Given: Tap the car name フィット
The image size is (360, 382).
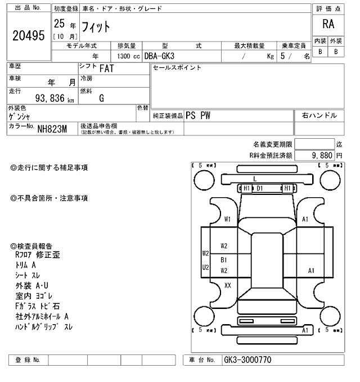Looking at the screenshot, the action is pos(97,26).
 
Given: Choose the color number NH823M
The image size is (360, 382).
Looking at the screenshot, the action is pos(52,129).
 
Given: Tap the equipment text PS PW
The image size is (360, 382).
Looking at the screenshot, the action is pos(199,115).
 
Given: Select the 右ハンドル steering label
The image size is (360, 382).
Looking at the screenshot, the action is pos(319,115).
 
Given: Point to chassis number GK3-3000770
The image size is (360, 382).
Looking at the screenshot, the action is pos(247,360).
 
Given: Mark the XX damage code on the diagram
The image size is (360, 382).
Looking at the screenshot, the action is pos(228,285).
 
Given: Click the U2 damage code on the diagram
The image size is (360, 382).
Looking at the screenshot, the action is pos(206,267).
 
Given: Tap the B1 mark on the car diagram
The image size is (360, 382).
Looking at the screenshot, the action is pos(223,260).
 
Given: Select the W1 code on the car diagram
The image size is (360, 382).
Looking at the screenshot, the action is pos(227,219).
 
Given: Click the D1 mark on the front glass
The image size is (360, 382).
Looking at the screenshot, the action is pos(259,188).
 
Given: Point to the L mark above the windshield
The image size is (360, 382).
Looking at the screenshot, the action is pos(254,179).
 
